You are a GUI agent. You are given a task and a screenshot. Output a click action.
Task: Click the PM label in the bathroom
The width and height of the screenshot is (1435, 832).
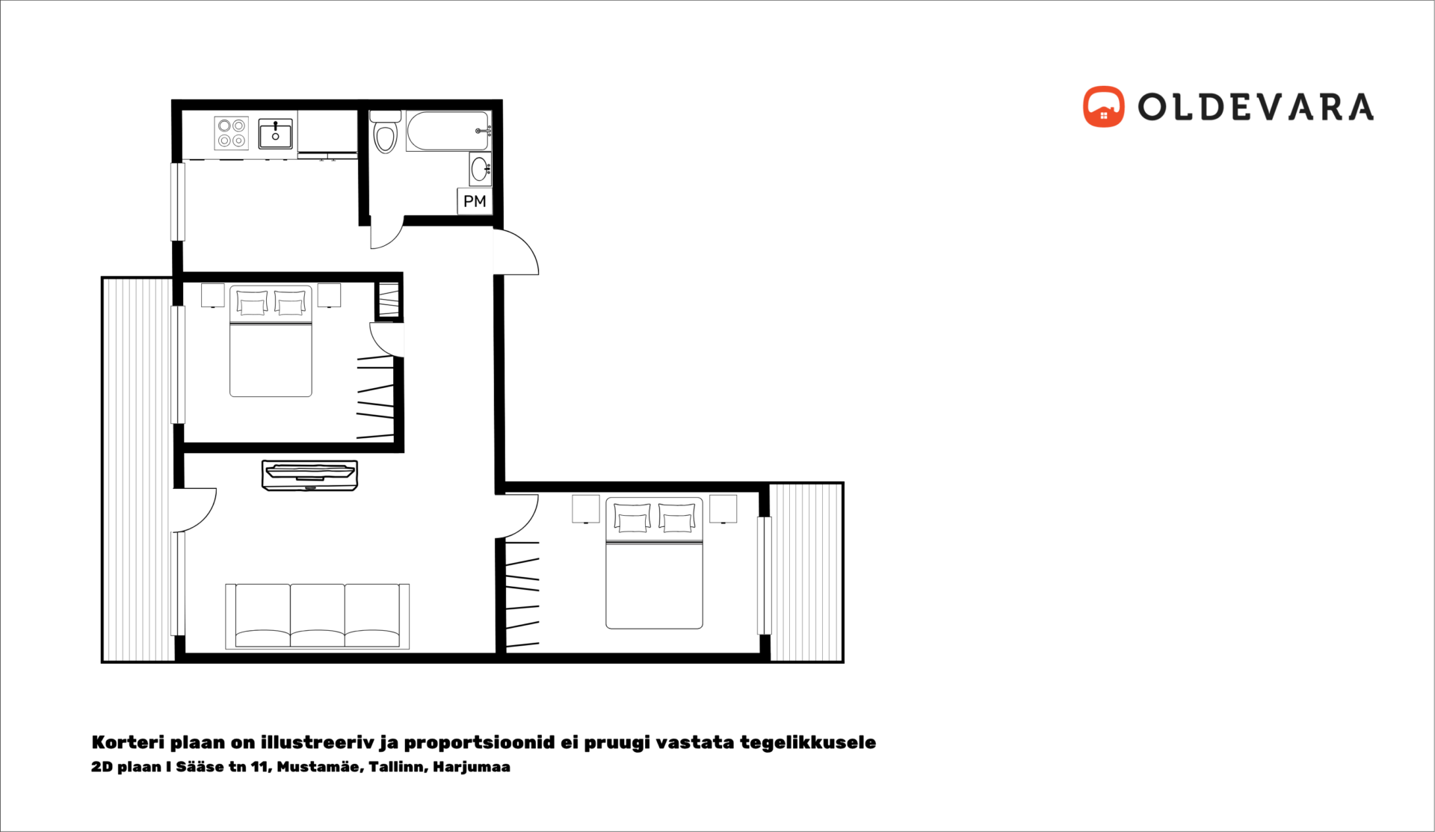pyautogui.click(x=475, y=201)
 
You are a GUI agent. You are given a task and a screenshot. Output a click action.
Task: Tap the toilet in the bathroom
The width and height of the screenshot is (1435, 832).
pyautogui.click(x=386, y=132)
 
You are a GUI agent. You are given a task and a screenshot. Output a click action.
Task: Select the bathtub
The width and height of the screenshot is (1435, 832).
pyautogui.click(x=448, y=132)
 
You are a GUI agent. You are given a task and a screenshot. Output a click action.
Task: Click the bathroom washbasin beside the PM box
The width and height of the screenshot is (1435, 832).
pyautogui.click(x=481, y=169)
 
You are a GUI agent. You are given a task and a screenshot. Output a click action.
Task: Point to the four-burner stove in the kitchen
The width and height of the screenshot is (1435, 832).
pyautogui.click(x=232, y=133)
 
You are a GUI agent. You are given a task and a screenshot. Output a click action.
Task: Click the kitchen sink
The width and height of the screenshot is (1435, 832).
pyautogui.click(x=276, y=134)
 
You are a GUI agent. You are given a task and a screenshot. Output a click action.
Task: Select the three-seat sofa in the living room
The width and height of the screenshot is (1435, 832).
pyautogui.click(x=318, y=616)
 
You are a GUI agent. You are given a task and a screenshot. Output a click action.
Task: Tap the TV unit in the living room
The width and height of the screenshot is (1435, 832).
pyautogui.click(x=309, y=475)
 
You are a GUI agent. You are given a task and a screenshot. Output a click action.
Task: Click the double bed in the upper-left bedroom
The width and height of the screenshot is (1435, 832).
pyautogui.click(x=271, y=341)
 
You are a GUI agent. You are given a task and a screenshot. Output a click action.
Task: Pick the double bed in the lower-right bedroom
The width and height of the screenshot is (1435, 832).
pyautogui.click(x=654, y=563)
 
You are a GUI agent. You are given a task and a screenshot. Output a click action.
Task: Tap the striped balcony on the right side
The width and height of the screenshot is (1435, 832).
pyautogui.click(x=806, y=573)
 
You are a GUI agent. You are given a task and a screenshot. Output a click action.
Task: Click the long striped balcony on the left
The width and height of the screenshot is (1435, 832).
pyautogui.click(x=138, y=469)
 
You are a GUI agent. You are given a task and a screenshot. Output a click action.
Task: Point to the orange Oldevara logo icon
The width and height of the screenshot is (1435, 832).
pyautogui.click(x=1103, y=107)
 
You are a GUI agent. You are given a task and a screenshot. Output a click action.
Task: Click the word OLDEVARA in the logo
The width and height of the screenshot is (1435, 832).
pyautogui.click(x=1256, y=107)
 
